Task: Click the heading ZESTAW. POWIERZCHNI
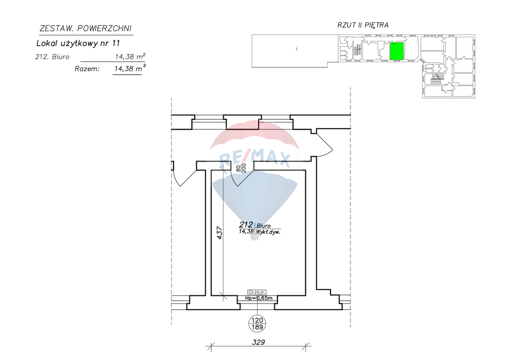click(85, 28)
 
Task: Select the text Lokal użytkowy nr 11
click(78, 43)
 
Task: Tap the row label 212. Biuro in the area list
click(52, 57)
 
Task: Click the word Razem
click(87, 69)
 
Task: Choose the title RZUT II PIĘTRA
click(363, 25)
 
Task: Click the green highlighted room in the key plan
click(397, 51)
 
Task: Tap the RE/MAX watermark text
click(255, 159)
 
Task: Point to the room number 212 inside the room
click(246, 225)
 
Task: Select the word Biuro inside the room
click(263, 226)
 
